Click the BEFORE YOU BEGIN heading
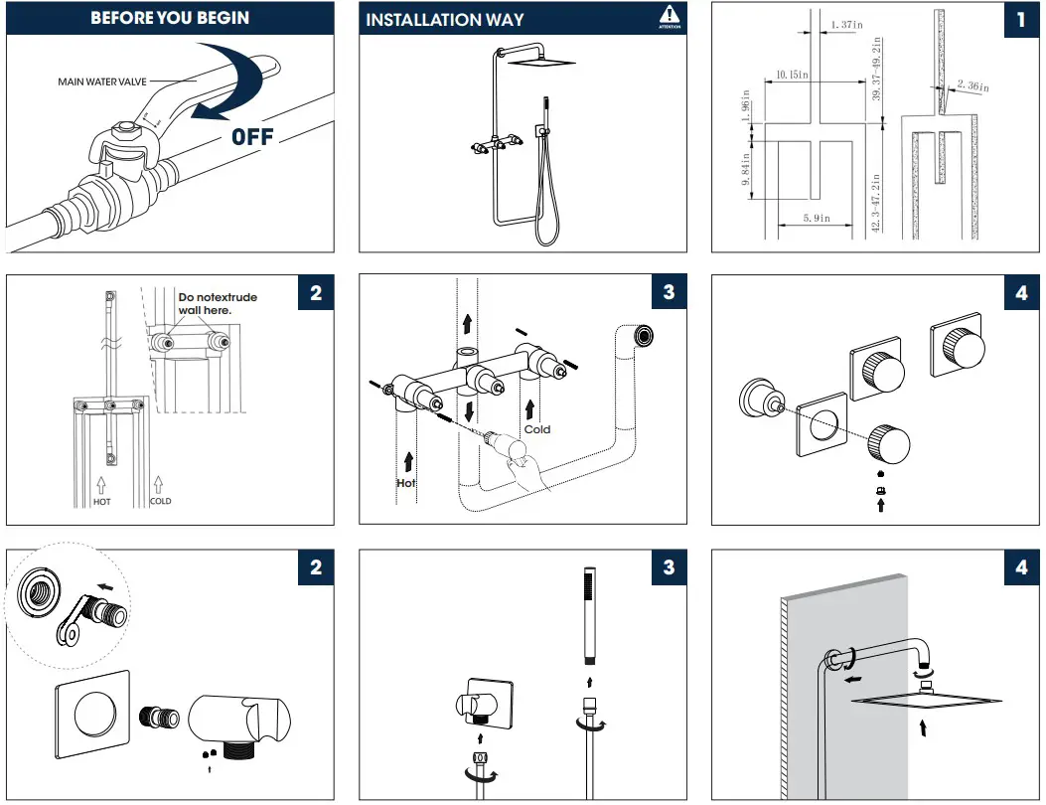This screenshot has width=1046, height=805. tap(169, 18)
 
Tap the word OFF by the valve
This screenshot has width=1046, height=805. tap(252, 137)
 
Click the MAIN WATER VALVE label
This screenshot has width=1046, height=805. tap(102, 81)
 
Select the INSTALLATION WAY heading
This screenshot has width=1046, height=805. tap(445, 19)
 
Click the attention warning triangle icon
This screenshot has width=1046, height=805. tap(671, 16)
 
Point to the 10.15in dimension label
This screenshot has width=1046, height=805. tap(792, 75)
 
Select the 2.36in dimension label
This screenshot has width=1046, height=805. tap(973, 87)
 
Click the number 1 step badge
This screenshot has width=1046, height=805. tap(1020, 20)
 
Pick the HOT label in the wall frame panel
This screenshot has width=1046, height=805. tap(101, 501)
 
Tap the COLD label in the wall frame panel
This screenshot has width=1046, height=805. tap(160, 501)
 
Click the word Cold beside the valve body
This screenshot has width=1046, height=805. tap(537, 429)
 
